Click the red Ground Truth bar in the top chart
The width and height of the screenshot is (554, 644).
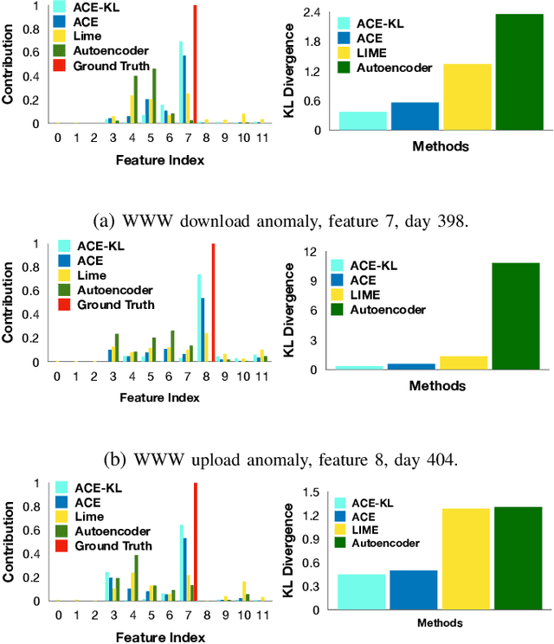[195, 64]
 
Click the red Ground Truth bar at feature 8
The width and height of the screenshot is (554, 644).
[213, 302]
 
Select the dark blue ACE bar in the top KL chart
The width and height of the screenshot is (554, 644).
[414, 116]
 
